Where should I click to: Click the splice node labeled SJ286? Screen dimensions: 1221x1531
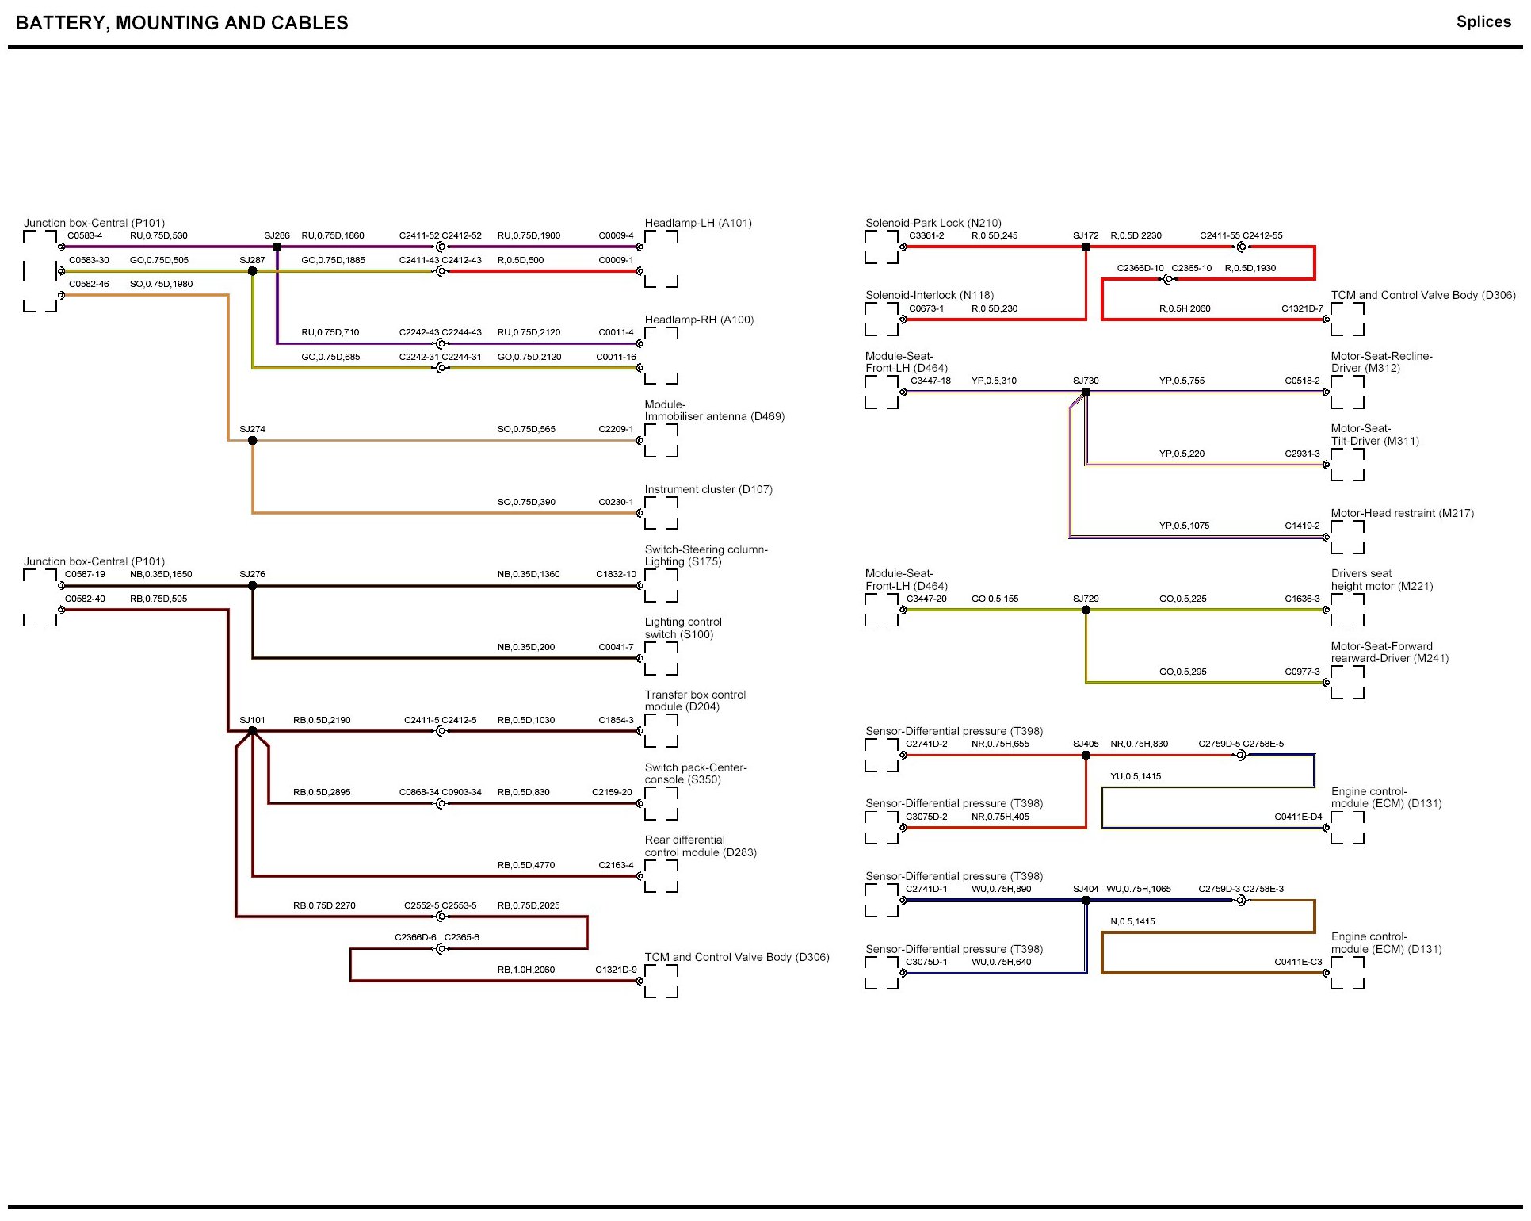coord(277,247)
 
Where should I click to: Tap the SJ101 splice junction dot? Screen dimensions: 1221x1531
coord(252,731)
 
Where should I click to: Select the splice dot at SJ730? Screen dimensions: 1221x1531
coord(1086,392)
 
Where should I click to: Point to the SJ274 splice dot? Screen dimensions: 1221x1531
coord(252,441)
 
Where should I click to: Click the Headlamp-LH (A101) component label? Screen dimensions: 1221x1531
coord(698,224)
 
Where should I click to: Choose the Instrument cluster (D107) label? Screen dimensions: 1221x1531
coord(708,490)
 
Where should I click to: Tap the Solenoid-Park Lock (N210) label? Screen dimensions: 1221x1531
coord(933,224)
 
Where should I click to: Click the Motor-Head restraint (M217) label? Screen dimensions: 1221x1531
coord(1402,514)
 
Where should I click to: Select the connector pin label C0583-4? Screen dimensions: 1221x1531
coord(85,235)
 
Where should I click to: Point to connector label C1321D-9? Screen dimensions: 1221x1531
coord(616,970)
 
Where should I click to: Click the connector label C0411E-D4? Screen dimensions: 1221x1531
coord(1298,817)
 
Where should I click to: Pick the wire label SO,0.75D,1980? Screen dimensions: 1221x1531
coord(161,284)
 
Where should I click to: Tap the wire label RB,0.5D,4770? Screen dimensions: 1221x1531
coord(526,865)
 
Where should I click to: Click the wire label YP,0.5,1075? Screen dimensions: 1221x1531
coord(1184,526)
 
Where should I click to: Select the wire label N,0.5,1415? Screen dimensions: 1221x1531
coord(1132,921)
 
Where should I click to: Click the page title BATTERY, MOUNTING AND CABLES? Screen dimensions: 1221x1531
coord(181,23)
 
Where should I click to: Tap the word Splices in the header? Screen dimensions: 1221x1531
coord(1483,22)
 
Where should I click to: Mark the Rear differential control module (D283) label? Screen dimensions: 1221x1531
coord(700,847)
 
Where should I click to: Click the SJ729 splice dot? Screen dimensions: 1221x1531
coord(1086,610)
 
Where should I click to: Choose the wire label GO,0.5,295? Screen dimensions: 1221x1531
coord(1182,672)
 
